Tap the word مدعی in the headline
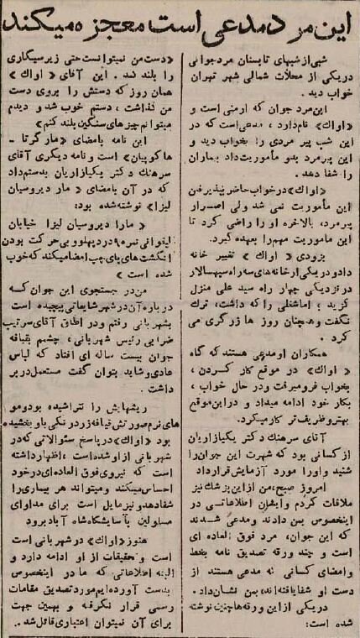(x=219, y=27)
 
